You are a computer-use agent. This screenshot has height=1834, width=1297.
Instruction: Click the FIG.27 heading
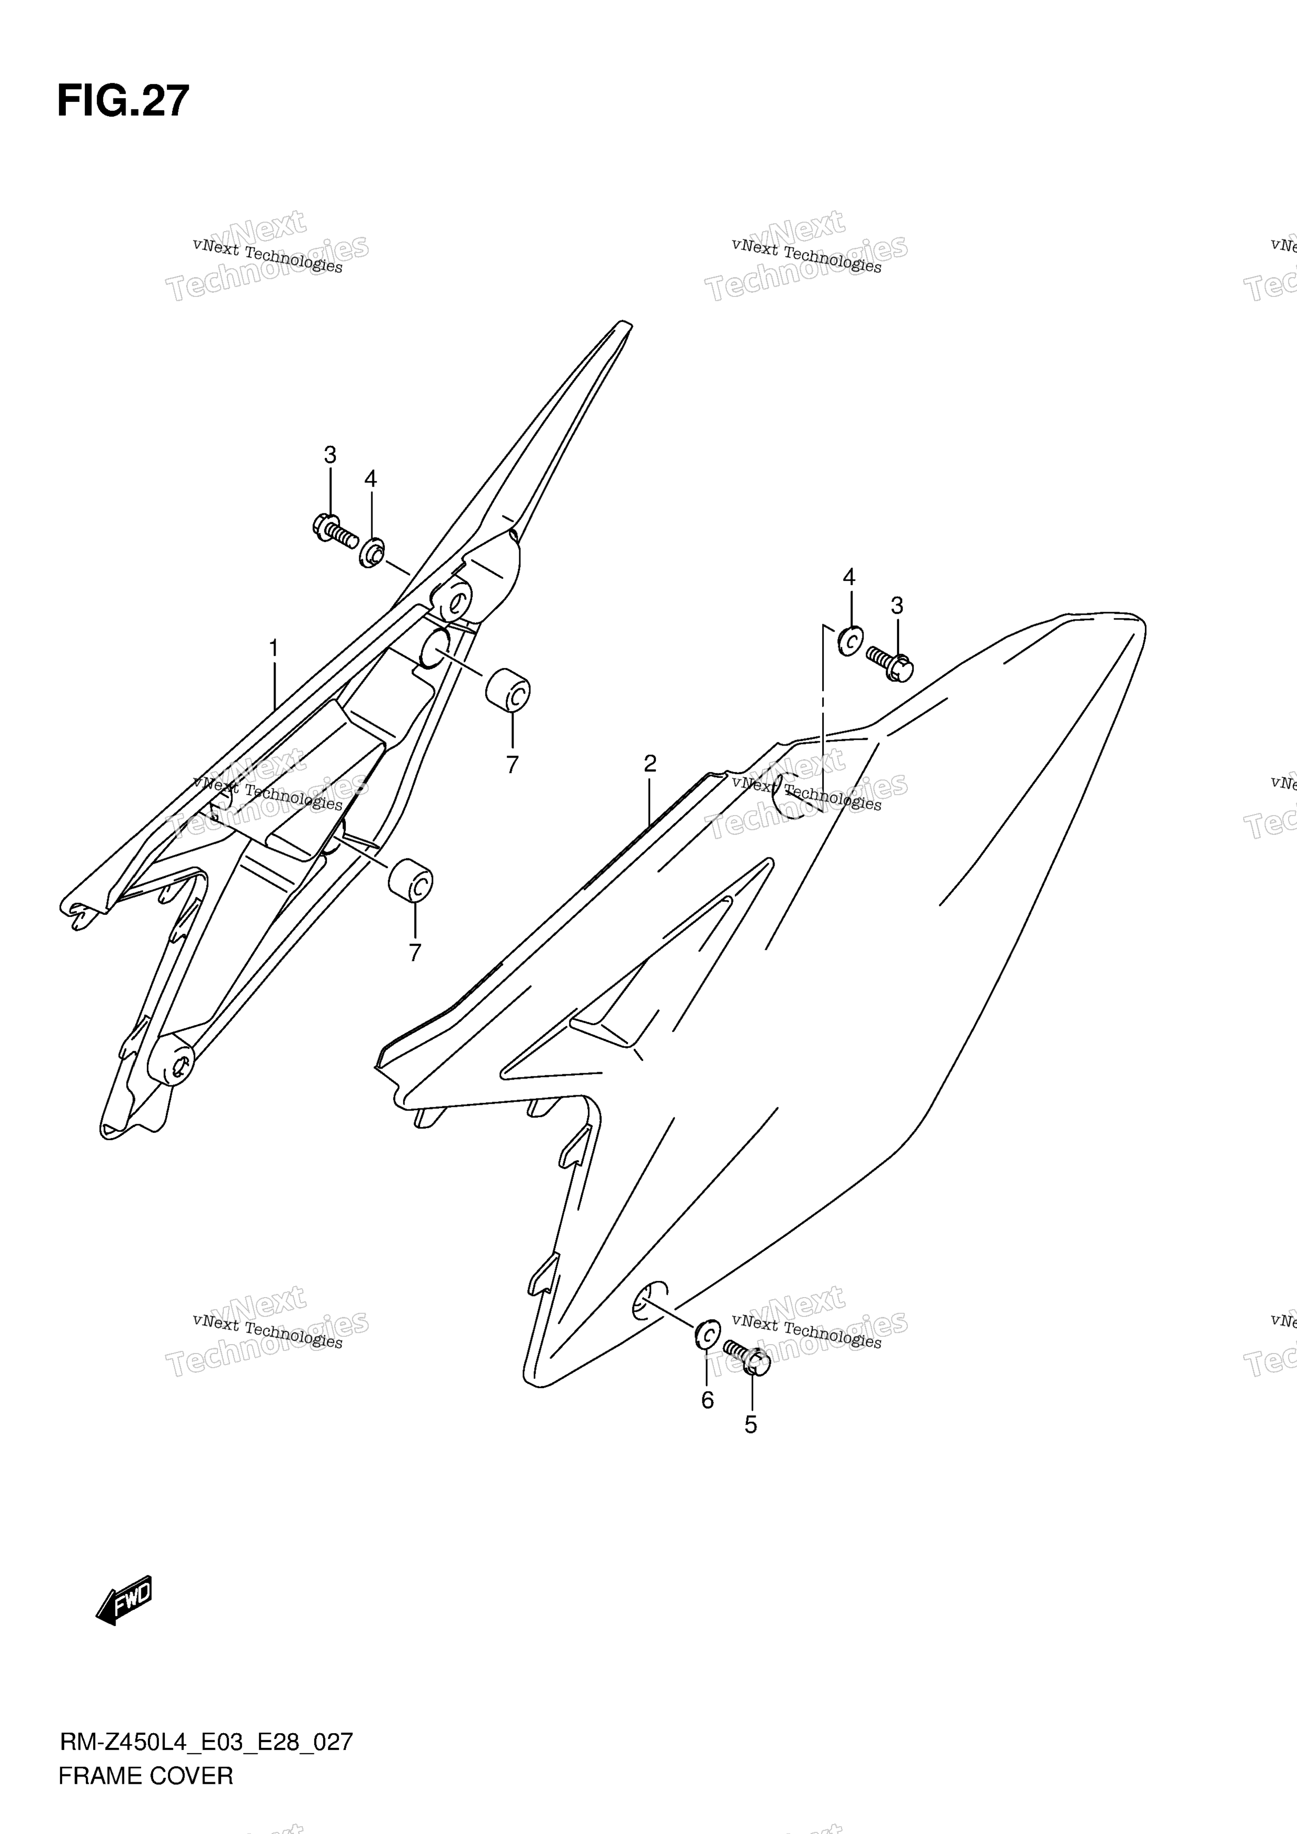pos(123,101)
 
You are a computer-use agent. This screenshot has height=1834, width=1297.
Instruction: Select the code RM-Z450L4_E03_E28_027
pos(206,1741)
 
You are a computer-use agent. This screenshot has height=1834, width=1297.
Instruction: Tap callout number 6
pos(707,1400)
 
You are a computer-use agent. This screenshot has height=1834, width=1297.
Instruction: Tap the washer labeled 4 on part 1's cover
pos(372,553)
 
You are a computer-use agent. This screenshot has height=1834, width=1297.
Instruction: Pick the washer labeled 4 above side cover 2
pos(849,640)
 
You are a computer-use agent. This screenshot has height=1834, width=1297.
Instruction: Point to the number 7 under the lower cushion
pos(415,953)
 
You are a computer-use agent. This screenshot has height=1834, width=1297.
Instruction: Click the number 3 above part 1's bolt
pos(330,455)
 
